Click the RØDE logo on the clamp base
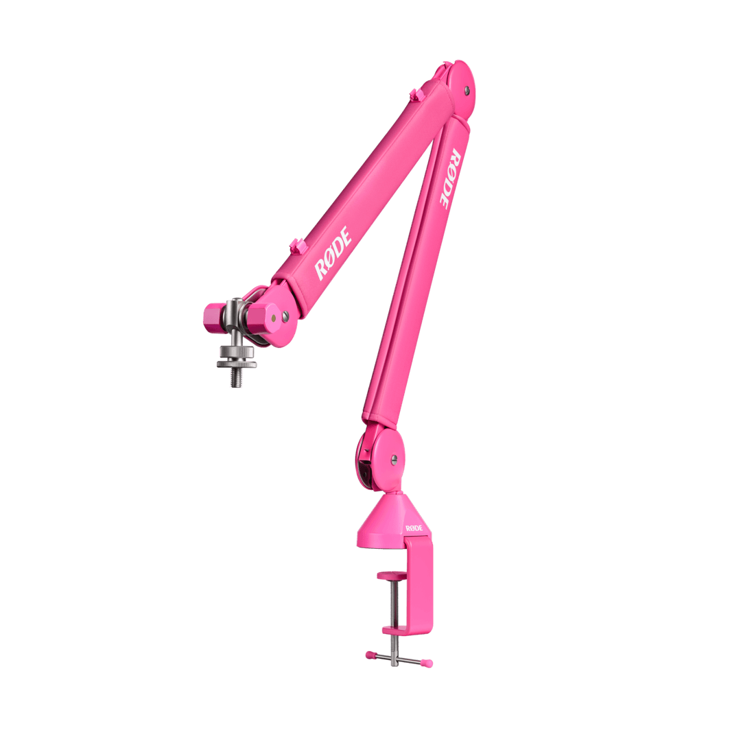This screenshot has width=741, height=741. pyautogui.click(x=414, y=528)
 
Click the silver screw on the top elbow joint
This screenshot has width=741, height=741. pyautogui.click(x=467, y=89)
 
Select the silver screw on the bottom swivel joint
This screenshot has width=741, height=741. pyautogui.click(x=393, y=459)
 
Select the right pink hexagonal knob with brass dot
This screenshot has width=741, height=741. pyautogui.click(x=261, y=316)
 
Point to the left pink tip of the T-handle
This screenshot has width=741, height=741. pyautogui.click(x=369, y=654)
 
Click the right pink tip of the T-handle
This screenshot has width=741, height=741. pyautogui.click(x=428, y=663)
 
